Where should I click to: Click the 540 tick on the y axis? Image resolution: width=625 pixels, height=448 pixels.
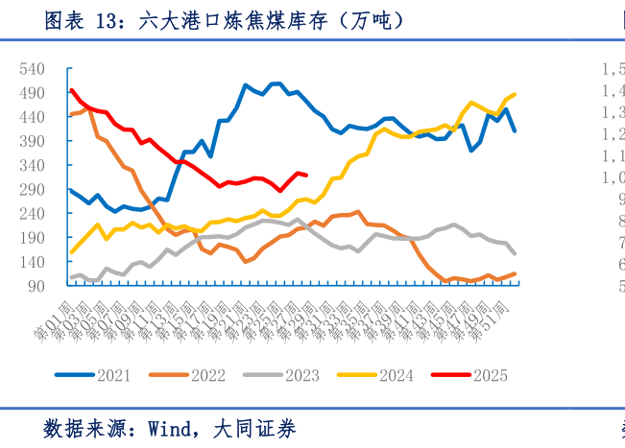click(x=32, y=69)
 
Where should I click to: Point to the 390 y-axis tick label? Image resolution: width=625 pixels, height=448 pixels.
click(x=32, y=141)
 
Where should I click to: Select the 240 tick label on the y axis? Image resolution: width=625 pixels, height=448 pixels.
click(x=32, y=213)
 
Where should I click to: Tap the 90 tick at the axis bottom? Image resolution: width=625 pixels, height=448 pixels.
click(x=36, y=286)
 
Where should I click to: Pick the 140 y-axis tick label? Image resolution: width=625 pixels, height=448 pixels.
click(x=32, y=262)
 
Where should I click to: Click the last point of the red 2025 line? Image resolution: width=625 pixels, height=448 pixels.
click(x=304, y=175)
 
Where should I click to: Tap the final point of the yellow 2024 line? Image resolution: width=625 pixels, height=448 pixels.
click(x=516, y=94)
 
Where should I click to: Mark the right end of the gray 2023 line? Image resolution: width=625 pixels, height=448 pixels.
click(x=516, y=254)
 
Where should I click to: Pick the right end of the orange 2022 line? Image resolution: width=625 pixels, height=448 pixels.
click(x=516, y=273)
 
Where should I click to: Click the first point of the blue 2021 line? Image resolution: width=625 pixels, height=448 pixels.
click(x=71, y=190)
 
